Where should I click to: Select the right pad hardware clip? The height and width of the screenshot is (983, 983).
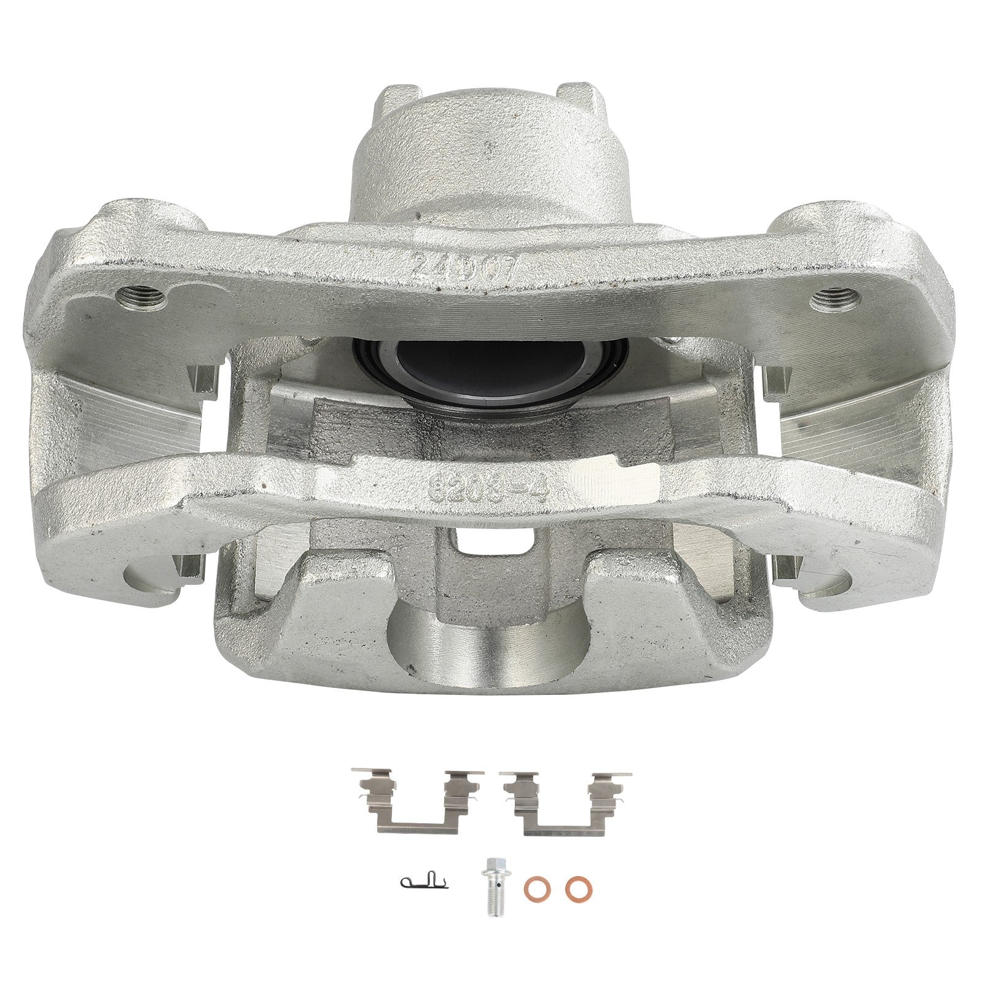tap(566, 802)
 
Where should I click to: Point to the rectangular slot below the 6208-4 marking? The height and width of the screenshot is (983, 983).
tap(492, 541)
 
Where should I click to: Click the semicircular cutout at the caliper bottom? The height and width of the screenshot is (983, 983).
tap(488, 639)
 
